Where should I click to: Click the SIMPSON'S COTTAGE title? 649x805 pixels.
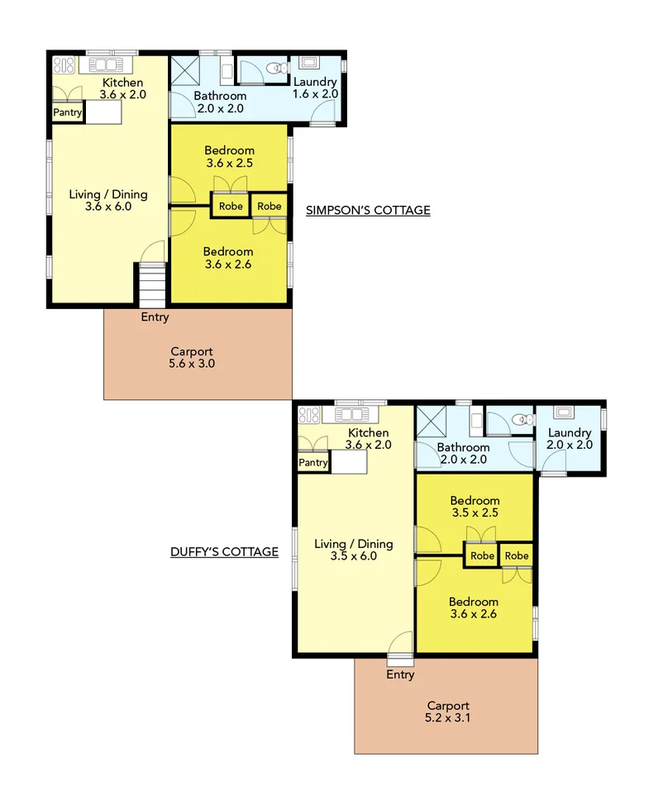point(368,210)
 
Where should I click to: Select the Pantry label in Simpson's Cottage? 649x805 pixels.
point(68,112)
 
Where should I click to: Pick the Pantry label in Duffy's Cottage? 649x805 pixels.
point(313,463)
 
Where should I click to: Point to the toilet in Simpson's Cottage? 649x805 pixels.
point(279,69)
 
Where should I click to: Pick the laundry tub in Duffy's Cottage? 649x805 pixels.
point(565,411)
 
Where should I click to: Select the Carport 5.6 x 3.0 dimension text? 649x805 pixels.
point(192,363)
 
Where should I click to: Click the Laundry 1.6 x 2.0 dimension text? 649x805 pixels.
point(315,94)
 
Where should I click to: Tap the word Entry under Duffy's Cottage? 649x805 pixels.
point(400,674)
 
